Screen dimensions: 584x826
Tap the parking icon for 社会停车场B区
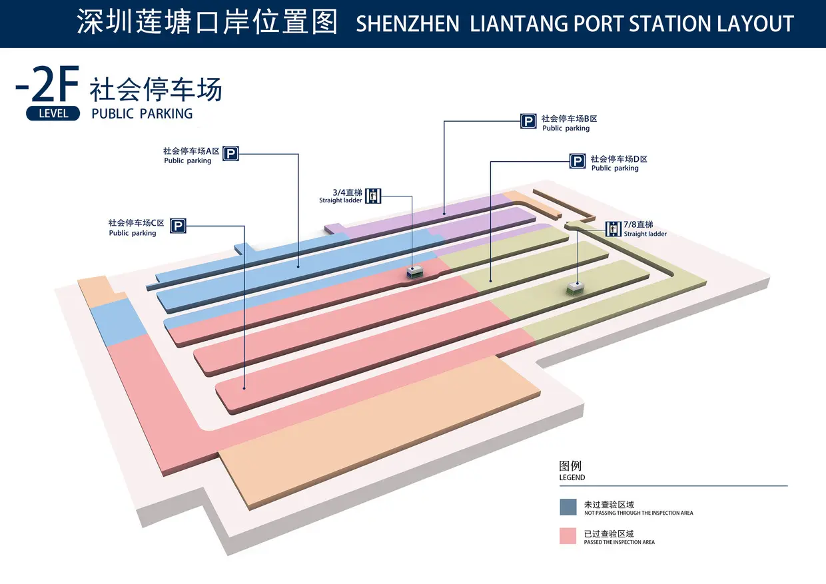528,121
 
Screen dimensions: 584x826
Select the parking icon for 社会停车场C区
177,226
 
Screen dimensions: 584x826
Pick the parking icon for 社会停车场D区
578,161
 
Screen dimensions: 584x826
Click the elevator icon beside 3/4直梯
373,195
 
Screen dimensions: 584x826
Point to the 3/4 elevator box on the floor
414,272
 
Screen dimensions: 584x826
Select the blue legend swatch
568,507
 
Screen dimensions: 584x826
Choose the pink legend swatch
568,536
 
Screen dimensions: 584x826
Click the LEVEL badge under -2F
53,113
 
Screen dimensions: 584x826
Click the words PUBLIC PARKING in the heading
142,114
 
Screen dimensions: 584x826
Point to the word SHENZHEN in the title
408,25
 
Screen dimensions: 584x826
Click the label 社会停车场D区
619,159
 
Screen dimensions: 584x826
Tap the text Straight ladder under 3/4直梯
340,200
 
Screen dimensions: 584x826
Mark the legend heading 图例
570,466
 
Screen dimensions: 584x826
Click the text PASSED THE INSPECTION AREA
619,542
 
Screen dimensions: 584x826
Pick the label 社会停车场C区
137,223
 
